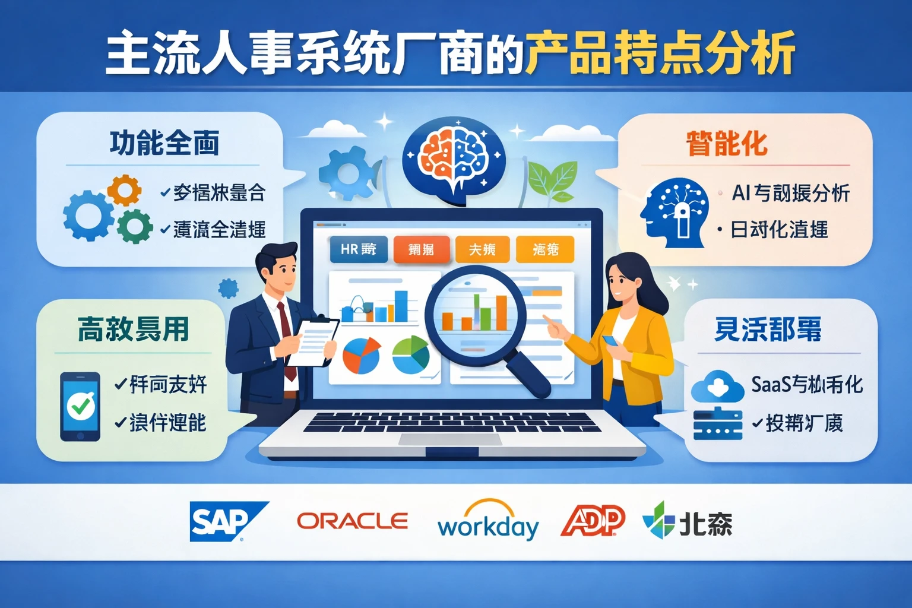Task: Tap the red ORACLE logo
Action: pyautogui.click(x=352, y=521)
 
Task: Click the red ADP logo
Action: pyautogui.click(x=593, y=521)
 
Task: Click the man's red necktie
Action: pyautogui.click(x=287, y=338)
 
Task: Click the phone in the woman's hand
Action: pyautogui.click(x=610, y=341)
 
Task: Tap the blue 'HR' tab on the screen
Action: pyautogui.click(x=358, y=249)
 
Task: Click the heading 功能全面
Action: pyautogui.click(x=164, y=143)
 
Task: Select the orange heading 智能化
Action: pyautogui.click(x=727, y=144)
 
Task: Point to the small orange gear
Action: pyautogui.click(x=124, y=190)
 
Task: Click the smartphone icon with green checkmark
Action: pyautogui.click(x=80, y=407)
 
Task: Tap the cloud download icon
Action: pyautogui.click(x=717, y=386)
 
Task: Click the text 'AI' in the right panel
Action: pyautogui.click(x=742, y=192)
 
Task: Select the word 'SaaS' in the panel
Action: pyautogui.click(x=771, y=385)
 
